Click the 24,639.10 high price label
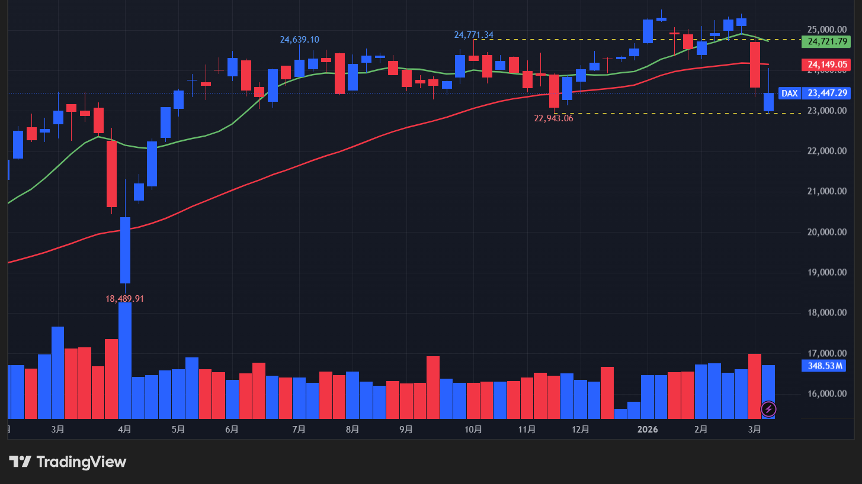coord(299,40)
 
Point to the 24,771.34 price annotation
coord(473,35)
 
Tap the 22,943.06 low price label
coord(553,118)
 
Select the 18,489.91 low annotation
coord(124,299)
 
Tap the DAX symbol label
coord(789,93)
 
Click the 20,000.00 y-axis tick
coord(826,232)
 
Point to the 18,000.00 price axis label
coord(826,313)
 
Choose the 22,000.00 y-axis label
coord(826,151)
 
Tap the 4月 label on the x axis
coord(124,430)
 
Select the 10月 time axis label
coord(473,430)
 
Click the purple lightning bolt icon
coord(768,408)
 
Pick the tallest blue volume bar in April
coord(125,360)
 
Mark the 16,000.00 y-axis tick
coord(826,394)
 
